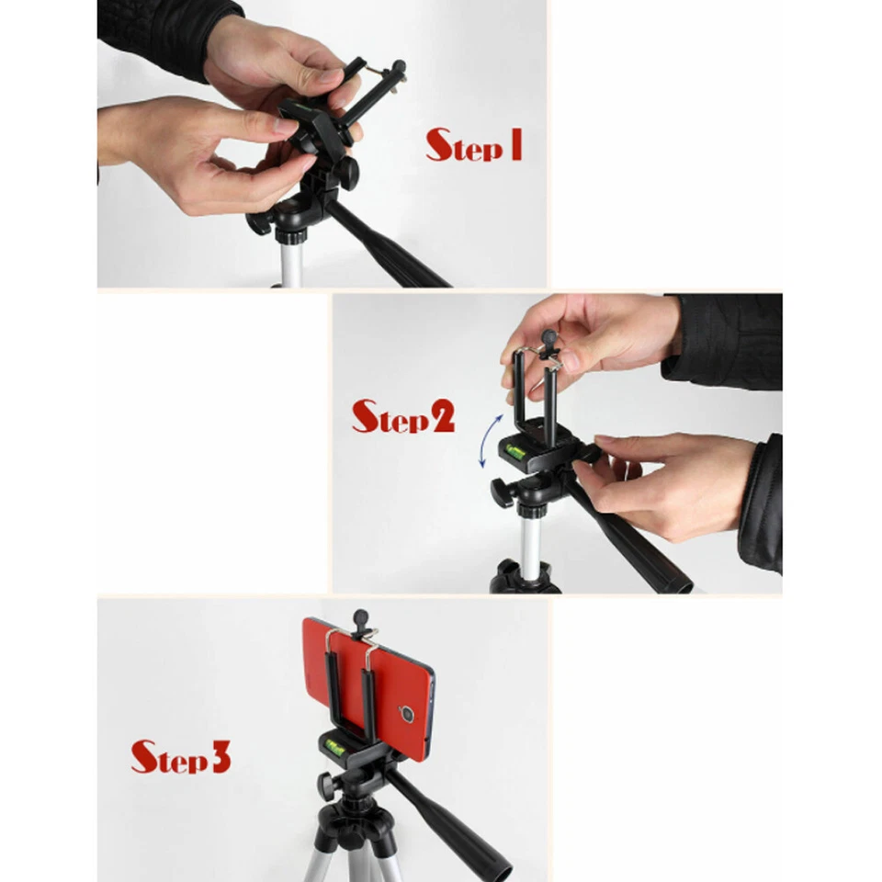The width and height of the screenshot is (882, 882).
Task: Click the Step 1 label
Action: click(473, 145)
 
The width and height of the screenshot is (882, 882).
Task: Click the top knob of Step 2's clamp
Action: click(548, 338)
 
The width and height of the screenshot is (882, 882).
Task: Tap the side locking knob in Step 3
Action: click(326, 786)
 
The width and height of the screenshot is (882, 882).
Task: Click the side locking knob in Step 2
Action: click(501, 492)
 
